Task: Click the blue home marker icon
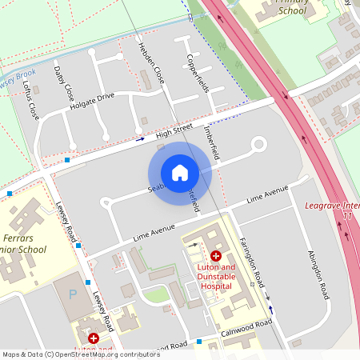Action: coord(180,172)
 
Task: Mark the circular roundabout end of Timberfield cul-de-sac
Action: coord(258,145)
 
